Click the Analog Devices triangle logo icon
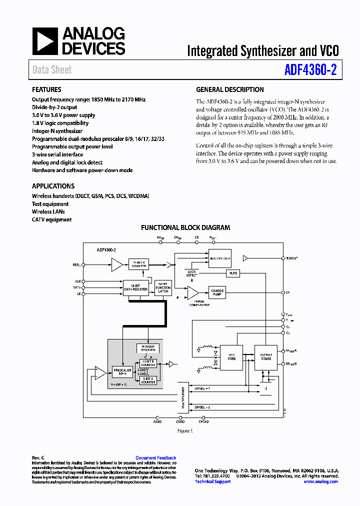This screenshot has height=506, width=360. [45, 41]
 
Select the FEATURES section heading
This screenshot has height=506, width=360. [46, 89]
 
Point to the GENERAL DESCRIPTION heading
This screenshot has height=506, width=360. [229, 89]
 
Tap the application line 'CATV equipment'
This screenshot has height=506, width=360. [51, 219]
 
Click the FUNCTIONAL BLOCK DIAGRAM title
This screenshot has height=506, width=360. [185, 227]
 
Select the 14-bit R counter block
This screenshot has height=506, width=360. [139, 263]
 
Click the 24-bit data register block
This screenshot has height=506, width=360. [135, 286]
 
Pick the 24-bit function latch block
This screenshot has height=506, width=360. [163, 286]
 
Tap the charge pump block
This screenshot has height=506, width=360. [217, 292]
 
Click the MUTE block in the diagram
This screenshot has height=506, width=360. [232, 273]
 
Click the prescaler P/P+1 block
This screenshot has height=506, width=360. [122, 372]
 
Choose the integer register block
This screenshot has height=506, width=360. [148, 348]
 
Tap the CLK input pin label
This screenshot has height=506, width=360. [77, 281]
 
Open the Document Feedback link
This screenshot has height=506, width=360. [155, 458]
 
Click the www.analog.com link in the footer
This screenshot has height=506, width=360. [320, 481]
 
